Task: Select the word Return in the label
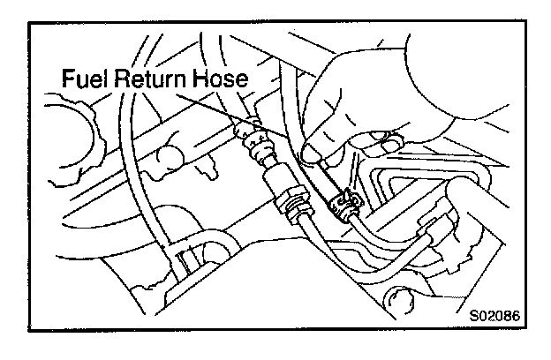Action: [x=153, y=81]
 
